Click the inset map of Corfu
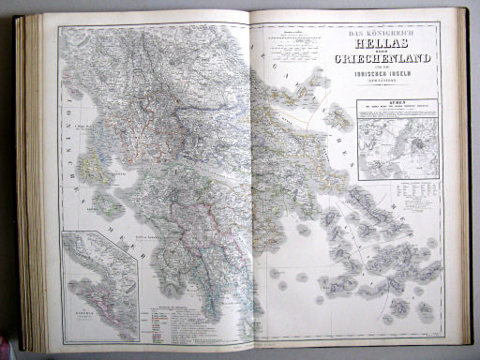(99, 273)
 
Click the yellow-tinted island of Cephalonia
(95, 169)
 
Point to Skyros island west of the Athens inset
(334, 131)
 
